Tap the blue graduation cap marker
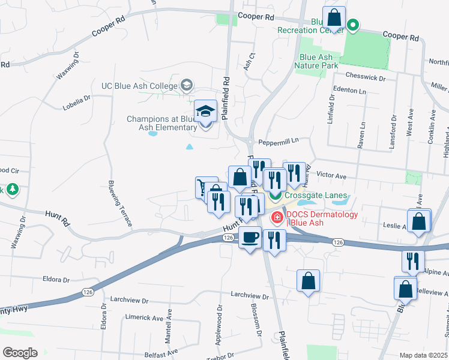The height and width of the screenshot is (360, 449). [206, 112]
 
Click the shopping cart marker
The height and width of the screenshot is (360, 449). [206, 188]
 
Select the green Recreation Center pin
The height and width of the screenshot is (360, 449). [354, 26]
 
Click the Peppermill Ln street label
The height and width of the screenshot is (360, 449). [279, 142]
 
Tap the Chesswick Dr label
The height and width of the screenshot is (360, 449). [366, 77]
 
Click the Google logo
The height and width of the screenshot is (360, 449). [20, 352]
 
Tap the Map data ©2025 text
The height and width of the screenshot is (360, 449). [423, 355]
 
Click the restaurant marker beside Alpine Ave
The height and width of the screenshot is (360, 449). [413, 262]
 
